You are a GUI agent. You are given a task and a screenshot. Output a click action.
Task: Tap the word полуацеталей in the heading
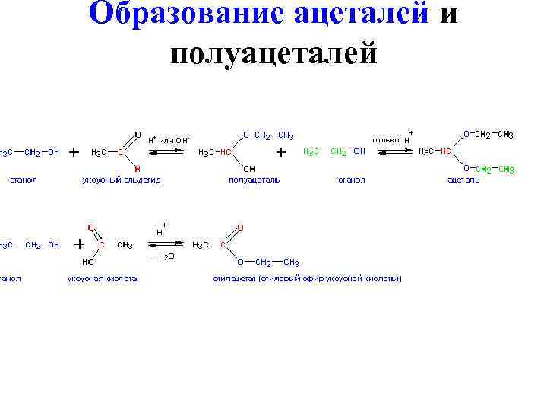tap(274, 53)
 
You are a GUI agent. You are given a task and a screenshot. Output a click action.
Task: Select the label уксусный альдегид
tap(122, 180)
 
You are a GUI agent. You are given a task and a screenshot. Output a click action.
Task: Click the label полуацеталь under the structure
tap(255, 180)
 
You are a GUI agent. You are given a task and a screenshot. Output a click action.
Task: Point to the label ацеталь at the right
tap(463, 180)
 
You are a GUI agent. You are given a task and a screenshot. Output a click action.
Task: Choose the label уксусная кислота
tap(103, 279)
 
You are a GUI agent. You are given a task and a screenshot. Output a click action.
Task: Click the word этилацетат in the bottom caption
tap(234, 279)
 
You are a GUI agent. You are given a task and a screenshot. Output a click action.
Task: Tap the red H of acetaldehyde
tap(137, 168)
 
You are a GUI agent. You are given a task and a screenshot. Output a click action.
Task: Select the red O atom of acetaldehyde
tap(137, 135)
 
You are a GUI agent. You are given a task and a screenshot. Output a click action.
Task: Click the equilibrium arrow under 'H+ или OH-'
tap(167, 152)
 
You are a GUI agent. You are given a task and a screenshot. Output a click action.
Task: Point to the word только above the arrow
tap(385, 141)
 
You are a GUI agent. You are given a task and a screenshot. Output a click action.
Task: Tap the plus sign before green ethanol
tap(281, 152)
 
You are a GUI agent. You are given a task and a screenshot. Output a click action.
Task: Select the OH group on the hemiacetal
tap(249, 168)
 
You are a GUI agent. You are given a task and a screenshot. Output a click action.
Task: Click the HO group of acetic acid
tap(88, 261)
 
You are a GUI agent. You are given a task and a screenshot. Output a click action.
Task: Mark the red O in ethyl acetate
tap(240, 227)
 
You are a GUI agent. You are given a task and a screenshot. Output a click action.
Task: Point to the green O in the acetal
tap(466, 169)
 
